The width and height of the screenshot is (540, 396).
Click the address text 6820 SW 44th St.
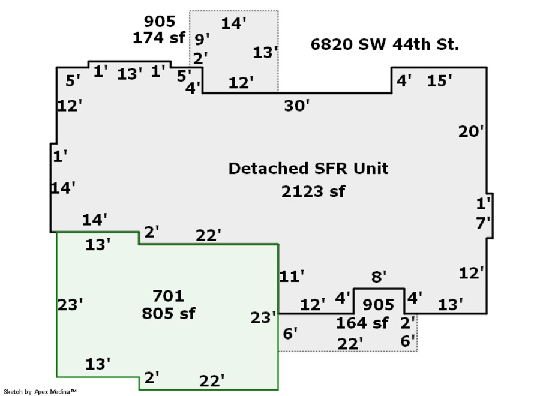click(385, 44)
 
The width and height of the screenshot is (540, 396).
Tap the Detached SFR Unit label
click(308, 169)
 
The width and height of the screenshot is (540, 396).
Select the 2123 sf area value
click(313, 191)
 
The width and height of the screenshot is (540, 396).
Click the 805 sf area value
click(169, 313)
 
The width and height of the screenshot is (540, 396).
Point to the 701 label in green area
click(168, 296)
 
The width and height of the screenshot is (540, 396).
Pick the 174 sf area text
click(159, 38)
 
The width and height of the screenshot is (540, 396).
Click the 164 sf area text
click(362, 323)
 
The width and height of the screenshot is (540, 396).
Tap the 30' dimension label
click(296, 106)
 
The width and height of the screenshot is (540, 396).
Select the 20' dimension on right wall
click(471, 131)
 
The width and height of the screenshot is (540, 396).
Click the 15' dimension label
click(439, 81)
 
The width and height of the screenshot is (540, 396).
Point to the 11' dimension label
click(292, 276)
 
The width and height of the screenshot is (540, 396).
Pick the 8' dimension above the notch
click(379, 277)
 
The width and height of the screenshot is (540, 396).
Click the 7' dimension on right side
click(483, 223)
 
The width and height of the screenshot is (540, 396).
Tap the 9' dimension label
click(202, 39)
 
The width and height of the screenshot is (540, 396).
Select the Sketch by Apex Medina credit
click(40, 392)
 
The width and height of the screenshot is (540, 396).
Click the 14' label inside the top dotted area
click(233, 23)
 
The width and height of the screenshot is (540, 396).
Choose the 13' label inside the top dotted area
click(265, 53)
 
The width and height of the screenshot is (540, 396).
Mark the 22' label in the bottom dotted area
click(350, 344)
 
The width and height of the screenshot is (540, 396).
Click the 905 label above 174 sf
click(160, 22)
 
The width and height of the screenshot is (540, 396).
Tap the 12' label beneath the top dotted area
click(241, 83)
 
